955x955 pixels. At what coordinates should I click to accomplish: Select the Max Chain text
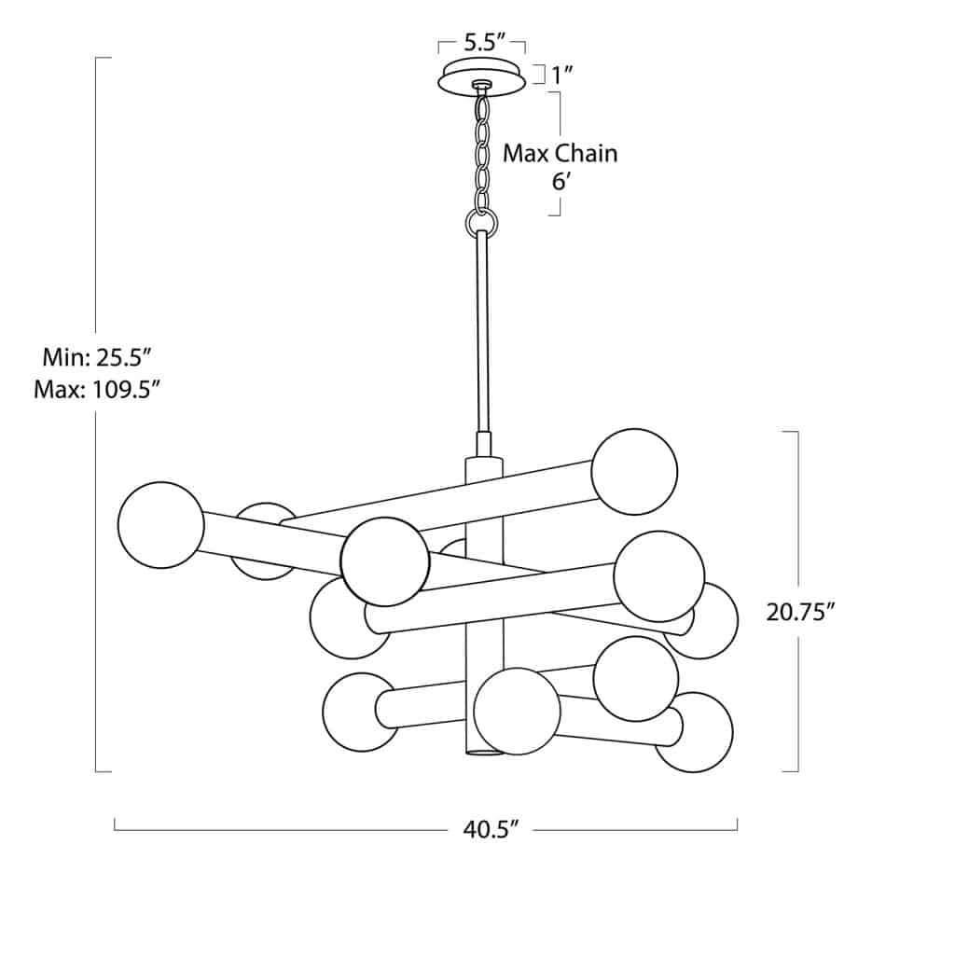(560, 153)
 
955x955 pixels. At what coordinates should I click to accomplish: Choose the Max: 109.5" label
(92, 388)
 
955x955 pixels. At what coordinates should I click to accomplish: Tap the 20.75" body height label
(799, 612)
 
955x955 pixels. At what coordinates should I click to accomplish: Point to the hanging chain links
(483, 149)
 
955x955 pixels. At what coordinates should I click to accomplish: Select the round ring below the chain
(481, 222)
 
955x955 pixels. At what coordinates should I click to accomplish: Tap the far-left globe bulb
(160, 525)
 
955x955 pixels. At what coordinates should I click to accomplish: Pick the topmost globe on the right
(634, 472)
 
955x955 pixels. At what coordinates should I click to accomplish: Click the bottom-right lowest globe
(693, 732)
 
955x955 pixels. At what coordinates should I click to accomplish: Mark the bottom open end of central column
(483, 751)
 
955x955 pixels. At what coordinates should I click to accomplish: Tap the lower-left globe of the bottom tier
(361, 712)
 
